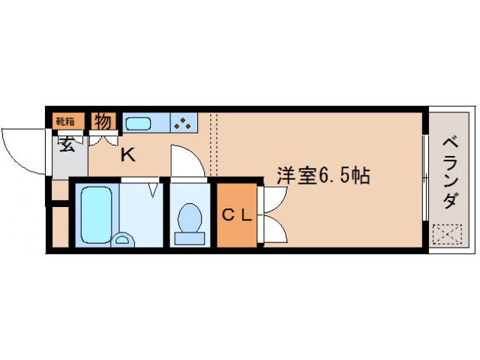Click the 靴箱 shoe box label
click(65, 121)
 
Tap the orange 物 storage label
click(103, 120)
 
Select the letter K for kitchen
click(128, 155)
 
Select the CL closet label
click(236, 215)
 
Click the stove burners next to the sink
click(184, 122)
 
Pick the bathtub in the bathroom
click(94, 214)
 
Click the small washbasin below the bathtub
click(121, 240)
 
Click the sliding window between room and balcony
click(425, 180)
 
